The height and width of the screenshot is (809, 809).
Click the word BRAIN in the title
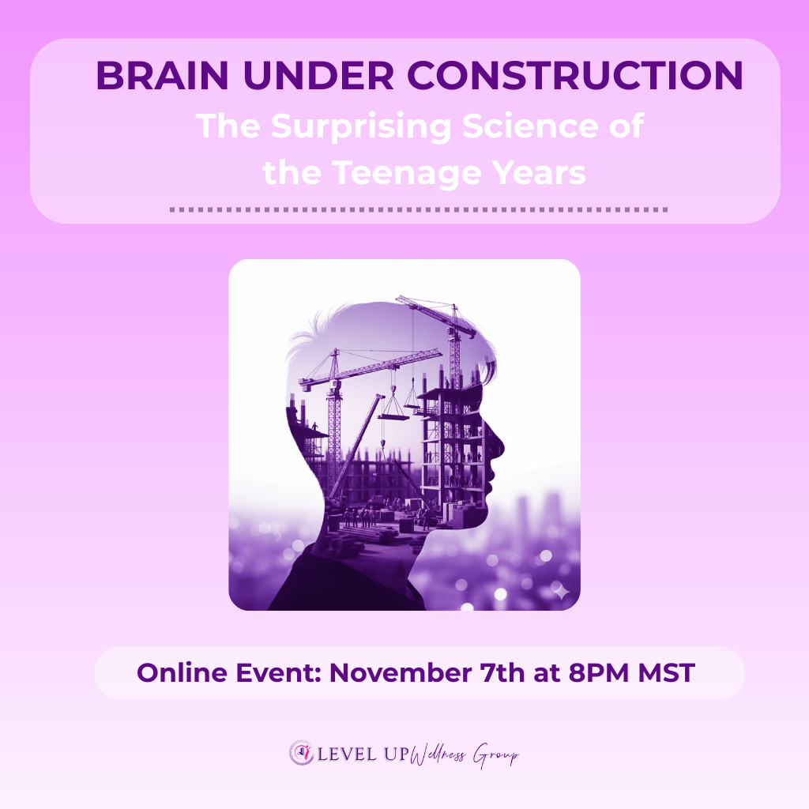[x=162, y=75]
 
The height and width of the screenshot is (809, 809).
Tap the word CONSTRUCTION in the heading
[x=575, y=75]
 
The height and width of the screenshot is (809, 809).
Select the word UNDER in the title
[x=318, y=75]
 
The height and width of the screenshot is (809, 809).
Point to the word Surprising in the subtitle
[x=361, y=127]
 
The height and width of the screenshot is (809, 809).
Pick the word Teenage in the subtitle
[x=406, y=173]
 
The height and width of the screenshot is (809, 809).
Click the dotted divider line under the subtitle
[x=419, y=209]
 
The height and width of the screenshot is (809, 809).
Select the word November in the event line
[x=401, y=673]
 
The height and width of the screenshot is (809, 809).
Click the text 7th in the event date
[x=502, y=673]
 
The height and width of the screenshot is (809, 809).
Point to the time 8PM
[x=599, y=673]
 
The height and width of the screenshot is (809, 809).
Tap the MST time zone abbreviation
[x=667, y=673]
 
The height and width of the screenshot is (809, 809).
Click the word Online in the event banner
[x=182, y=673]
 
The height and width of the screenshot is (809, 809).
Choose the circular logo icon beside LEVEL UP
[x=301, y=753]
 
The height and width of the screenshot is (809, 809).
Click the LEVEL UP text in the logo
[x=363, y=754]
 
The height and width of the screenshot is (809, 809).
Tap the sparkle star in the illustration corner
[x=561, y=590]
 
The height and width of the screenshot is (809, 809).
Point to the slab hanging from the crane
[x=393, y=416]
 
